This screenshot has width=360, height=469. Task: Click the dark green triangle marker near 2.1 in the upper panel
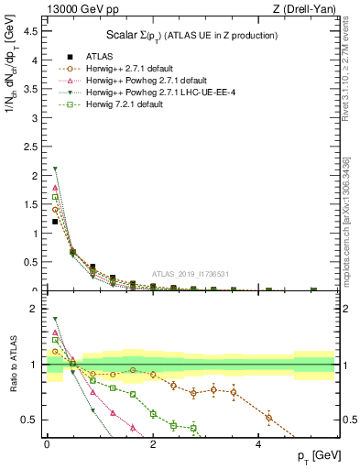55,169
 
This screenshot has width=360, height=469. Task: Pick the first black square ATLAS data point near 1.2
55,222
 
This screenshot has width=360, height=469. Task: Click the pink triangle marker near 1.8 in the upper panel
55,188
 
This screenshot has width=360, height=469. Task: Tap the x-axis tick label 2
153,444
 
